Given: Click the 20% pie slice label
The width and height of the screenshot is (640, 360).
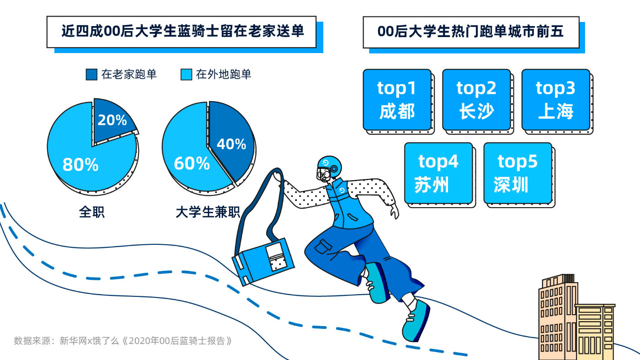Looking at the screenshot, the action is [112, 120].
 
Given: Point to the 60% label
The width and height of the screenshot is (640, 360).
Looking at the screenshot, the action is [192, 163].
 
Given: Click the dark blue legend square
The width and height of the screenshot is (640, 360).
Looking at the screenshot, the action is [91, 75].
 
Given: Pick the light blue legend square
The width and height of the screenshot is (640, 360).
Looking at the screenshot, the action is [187, 75].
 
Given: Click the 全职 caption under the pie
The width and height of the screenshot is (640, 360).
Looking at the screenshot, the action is [92, 212].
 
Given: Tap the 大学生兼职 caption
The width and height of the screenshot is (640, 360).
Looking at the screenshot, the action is [208, 212].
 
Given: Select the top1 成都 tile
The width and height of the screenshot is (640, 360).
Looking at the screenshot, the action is [397, 100].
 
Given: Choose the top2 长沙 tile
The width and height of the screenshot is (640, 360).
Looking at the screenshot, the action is [476, 100].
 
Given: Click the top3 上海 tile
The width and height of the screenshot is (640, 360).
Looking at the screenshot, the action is [556, 100].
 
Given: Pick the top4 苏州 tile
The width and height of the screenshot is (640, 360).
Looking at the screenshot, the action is [438, 173].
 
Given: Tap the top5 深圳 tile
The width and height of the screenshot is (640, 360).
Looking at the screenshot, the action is [517, 173].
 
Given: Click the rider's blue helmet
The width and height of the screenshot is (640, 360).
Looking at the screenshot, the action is [330, 166].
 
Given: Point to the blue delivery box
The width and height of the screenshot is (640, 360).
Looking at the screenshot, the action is [263, 262].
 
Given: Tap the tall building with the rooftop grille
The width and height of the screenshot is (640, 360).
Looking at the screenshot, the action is [557, 317].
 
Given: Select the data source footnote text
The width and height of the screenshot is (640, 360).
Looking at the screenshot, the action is [123, 341].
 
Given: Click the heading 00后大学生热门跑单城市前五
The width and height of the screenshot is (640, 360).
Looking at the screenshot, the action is [470, 32].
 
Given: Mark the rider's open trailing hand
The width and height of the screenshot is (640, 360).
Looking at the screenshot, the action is [395, 212].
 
